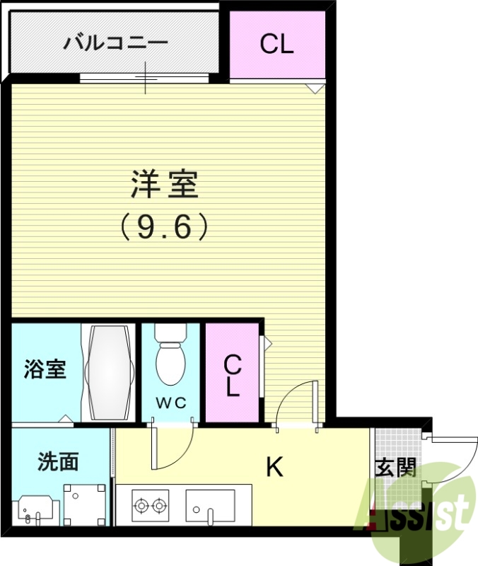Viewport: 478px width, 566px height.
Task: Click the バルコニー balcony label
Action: (116, 43)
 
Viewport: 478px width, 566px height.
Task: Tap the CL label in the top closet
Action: (276, 44)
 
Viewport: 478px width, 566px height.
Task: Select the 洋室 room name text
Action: (164, 185)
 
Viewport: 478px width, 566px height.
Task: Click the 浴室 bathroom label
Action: (45, 369)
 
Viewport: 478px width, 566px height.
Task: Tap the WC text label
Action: (170, 403)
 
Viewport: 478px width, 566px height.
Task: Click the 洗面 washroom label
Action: (58, 462)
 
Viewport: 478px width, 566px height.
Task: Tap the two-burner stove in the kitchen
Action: (150, 505)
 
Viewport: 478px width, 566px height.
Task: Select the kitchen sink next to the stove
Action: (210, 507)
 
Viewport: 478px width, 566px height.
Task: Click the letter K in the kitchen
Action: (274, 467)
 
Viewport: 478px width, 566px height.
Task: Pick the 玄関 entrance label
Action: (395, 468)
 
